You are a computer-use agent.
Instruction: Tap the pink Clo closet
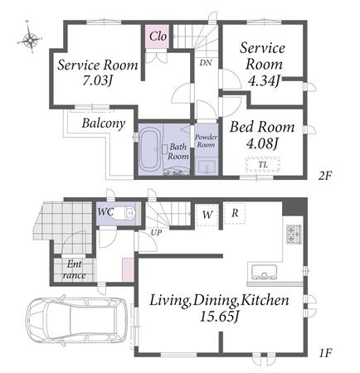[158, 36]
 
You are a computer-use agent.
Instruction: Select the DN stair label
[206, 63]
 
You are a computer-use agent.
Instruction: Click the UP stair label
[156, 233]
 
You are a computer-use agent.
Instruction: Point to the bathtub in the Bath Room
[150, 150]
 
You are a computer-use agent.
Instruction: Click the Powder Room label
[206, 141]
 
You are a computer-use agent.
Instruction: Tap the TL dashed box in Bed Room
[263, 165]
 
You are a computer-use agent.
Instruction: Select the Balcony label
[104, 124]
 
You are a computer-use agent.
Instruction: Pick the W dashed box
[207, 215]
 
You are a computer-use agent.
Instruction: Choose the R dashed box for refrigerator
[235, 213]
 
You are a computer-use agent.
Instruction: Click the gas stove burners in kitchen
[294, 235]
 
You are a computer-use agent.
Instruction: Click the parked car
[77, 320]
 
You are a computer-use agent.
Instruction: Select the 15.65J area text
[219, 317]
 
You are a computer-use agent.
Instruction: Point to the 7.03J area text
[98, 80]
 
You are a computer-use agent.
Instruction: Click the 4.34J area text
[264, 81]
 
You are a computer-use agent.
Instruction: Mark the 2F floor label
[324, 176]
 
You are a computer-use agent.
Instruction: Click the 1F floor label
[325, 353]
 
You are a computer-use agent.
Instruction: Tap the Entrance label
[75, 269]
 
